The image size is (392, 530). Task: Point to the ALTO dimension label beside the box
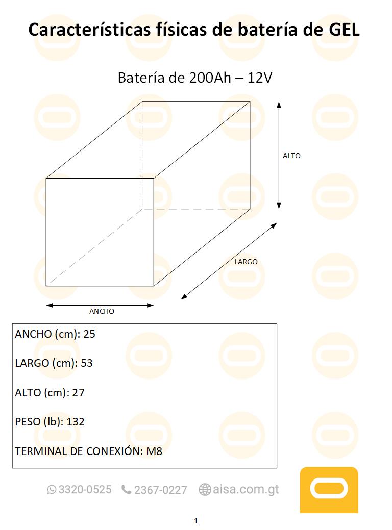[292, 156]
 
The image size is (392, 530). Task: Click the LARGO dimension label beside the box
[246, 262]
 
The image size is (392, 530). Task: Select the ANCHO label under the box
[102, 311]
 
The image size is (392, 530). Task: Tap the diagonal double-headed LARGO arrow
[229, 261]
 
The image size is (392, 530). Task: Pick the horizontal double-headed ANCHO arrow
[100, 306]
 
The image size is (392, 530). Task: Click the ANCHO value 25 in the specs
[89, 335]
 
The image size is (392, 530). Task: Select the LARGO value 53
[87, 364]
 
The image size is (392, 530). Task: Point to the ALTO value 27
[79, 393]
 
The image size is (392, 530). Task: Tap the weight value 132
[76, 422]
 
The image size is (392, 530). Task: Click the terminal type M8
[154, 451]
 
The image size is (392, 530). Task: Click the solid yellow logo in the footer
[329, 490]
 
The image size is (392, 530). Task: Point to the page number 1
[196, 521]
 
